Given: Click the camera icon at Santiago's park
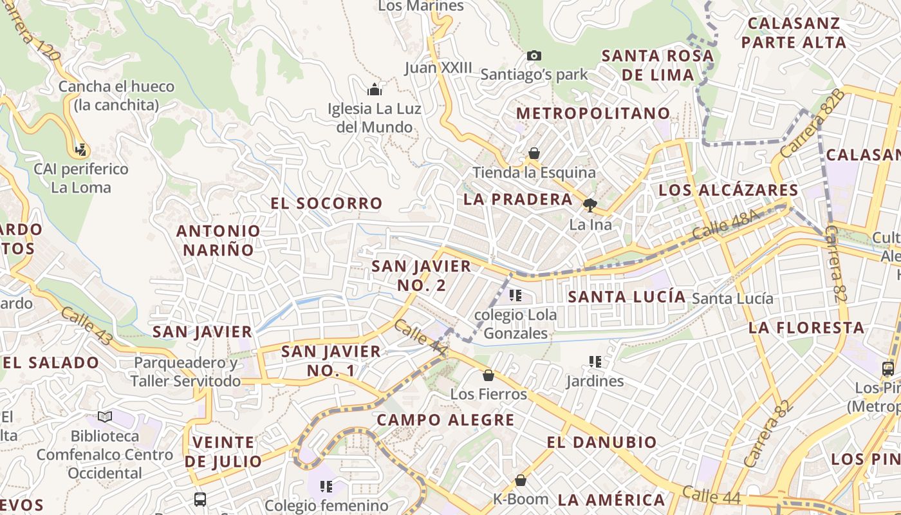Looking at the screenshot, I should coord(534,56).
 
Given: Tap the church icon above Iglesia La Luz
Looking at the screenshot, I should coord(375,89).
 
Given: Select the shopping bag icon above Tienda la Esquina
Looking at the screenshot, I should coord(534,153).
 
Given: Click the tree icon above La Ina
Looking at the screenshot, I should coord(590,205).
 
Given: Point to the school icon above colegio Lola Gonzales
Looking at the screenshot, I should coord(515,295).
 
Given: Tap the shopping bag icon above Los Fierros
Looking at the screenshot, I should coord(488,375).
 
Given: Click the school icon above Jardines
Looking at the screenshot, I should coord(595,362).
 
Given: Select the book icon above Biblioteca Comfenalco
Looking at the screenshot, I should coord(105,417).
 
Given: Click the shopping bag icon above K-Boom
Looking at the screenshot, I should coord(521,480).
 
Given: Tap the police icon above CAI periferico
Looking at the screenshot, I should coord(80,150).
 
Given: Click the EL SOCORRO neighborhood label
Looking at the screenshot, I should coord(326,203).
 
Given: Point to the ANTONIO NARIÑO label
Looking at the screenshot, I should coord(219,240).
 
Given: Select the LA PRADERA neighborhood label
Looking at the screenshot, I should coord(518,200).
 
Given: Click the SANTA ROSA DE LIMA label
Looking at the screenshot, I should coord(658,65).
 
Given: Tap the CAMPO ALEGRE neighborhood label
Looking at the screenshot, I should coord(445,420).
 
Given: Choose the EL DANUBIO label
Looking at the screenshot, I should coord(602,443).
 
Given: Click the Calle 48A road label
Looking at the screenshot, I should coord(723,226).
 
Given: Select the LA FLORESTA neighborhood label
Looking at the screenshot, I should coord(806,328).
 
